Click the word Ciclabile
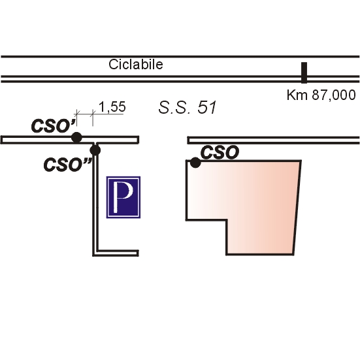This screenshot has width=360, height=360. (x=136, y=65)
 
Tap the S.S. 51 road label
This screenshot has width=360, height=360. (x=188, y=107)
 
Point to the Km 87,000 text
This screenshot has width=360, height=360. (x=321, y=95)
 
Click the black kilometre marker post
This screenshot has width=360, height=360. (x=304, y=73)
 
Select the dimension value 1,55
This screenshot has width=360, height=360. (x=112, y=106)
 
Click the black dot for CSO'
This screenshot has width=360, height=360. (x=76, y=137)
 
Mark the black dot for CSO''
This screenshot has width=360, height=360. (x=95, y=150)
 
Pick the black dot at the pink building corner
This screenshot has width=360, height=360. (x=195, y=163)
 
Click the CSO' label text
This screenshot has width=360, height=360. (x=54, y=126)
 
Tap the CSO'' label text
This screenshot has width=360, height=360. (x=68, y=165)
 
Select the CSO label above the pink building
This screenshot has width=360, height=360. (x=220, y=152)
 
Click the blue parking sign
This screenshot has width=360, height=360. (x=123, y=197)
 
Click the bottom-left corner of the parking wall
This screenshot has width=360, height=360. (x=93, y=255)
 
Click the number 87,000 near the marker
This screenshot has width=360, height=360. (x=334, y=95)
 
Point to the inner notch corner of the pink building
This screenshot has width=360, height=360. (x=227, y=220)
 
